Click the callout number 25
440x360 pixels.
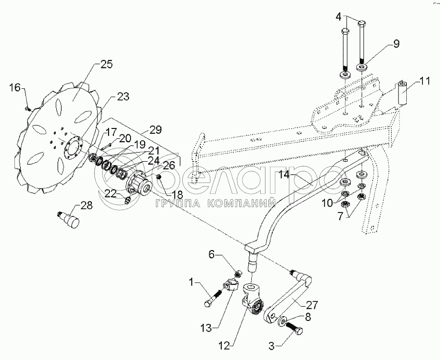[107, 64]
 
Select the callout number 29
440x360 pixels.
[156, 130]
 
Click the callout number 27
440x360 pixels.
[312, 304]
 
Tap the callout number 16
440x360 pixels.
[15, 88]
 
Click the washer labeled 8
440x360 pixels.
[282, 321]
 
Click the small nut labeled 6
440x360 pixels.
[238, 274]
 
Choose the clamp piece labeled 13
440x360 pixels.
[230, 285]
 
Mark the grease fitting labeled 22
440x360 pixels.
[128, 200]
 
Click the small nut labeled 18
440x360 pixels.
[159, 177]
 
